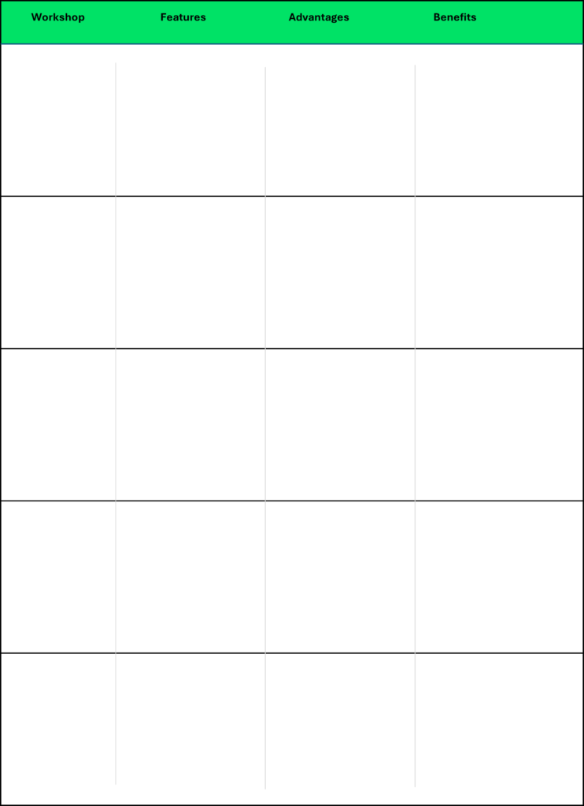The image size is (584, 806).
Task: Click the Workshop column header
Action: tap(58, 17)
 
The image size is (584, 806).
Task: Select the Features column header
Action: tap(183, 17)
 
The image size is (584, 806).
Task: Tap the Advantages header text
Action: tap(319, 17)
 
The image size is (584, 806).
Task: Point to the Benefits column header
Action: tap(455, 17)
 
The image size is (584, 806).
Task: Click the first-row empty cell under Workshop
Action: tap(58, 120)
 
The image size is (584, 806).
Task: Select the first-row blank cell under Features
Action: tap(190, 120)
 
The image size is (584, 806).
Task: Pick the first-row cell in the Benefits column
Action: tap(499, 120)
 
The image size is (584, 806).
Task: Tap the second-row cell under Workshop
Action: tap(58, 272)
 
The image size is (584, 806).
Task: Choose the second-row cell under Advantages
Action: tap(340, 272)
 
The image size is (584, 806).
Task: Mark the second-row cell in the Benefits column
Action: tap(499, 272)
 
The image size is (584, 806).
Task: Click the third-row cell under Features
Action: tap(190, 424)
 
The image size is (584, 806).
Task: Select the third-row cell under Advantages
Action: tap(340, 424)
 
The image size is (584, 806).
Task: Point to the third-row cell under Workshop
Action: tap(58, 424)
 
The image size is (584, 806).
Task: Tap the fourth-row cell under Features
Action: tap(190, 577)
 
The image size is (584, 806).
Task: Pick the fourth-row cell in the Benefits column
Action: tap(499, 577)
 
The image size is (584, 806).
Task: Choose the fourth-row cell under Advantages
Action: tap(340, 577)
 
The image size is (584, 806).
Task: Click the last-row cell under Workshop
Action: tap(58, 729)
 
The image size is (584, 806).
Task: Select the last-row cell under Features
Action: tap(190, 729)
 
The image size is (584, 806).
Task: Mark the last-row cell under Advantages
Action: tap(340, 729)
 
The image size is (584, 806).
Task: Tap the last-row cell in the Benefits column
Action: tap(499, 729)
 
